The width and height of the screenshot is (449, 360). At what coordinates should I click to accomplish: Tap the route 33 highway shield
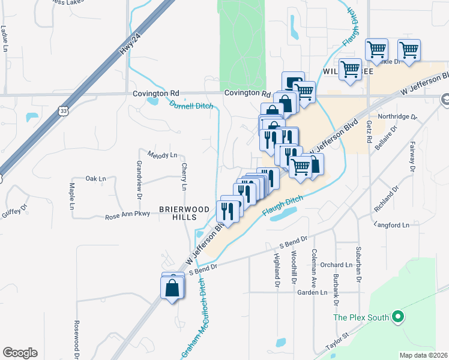pos(64,110)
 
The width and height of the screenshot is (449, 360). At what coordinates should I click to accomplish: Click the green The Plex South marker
pos(396,316)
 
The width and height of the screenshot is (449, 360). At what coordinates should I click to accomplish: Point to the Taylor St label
pos(337,340)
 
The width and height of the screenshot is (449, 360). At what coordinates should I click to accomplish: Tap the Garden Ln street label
pos(312,293)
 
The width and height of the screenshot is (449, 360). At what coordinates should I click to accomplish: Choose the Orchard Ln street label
pos(336,265)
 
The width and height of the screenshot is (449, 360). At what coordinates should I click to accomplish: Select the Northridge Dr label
pos(396,117)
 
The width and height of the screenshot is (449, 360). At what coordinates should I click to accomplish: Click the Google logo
pos(20,353)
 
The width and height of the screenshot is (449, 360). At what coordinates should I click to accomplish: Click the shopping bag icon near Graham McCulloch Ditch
pos(172,287)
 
